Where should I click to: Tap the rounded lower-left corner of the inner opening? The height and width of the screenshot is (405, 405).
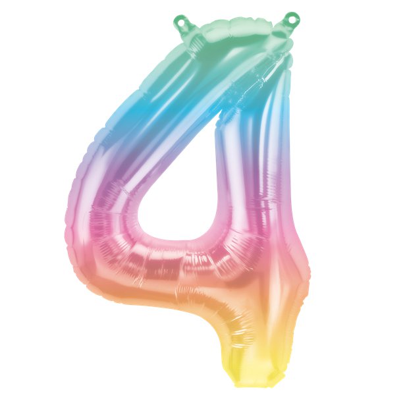point(142,230)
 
